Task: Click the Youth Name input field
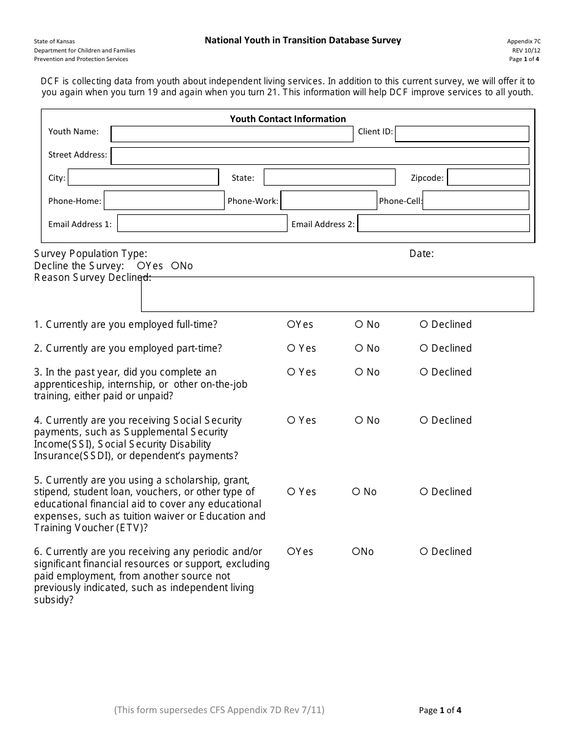pyautogui.click(x=232, y=134)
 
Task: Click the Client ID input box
pyautogui.click(x=462, y=134)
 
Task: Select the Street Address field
pyautogui.click(x=320, y=156)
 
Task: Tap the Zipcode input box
pyautogui.click(x=488, y=178)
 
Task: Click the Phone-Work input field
pyautogui.click(x=328, y=201)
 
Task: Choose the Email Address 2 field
pyautogui.click(x=443, y=223)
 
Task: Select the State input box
pyautogui.click(x=329, y=178)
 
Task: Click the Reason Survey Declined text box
pyautogui.click(x=337, y=294)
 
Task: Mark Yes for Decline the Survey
pyautogui.click(x=141, y=266)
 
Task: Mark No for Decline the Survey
pyautogui.click(x=175, y=266)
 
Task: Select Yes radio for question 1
pyautogui.click(x=291, y=324)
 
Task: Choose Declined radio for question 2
pyautogui.click(x=424, y=348)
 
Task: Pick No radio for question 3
pyautogui.click(x=359, y=372)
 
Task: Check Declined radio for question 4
pyautogui.click(x=424, y=420)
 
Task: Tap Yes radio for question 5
pyautogui.click(x=291, y=492)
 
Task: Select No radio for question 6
pyautogui.click(x=356, y=551)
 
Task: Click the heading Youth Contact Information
pyautogui.click(x=288, y=119)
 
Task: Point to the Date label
pyautogui.click(x=421, y=254)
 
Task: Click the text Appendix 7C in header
pyautogui.click(x=523, y=41)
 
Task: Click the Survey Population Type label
pyautogui.click(x=90, y=254)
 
